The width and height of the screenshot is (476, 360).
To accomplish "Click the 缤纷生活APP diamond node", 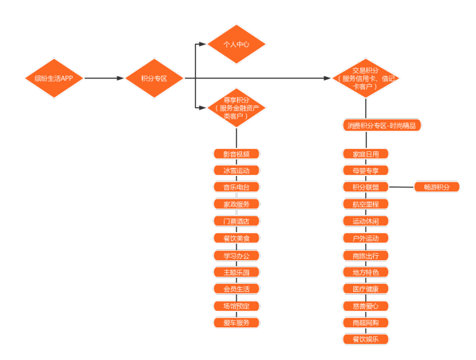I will [54, 78].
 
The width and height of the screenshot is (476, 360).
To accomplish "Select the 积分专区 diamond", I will [154, 78].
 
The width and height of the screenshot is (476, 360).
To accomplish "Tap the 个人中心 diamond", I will [236, 44].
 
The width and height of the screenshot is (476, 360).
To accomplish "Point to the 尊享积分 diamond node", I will [236, 107].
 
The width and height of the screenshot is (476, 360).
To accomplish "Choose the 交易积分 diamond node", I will [365, 78].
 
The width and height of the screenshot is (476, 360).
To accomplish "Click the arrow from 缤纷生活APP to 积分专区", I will [104, 78].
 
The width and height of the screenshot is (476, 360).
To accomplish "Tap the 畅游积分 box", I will [437, 187].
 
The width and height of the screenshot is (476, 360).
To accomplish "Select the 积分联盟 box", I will [366, 187].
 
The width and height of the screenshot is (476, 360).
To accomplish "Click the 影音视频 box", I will [236, 154].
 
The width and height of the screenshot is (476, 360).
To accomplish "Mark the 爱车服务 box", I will [236, 323].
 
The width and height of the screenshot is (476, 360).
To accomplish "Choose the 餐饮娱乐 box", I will [366, 339].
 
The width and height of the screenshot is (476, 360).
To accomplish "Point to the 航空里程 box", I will [366, 204].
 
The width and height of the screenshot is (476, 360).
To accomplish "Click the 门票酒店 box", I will [236, 221].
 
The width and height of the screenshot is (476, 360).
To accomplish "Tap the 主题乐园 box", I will [236, 272].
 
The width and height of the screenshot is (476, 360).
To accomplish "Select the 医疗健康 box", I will [366, 289].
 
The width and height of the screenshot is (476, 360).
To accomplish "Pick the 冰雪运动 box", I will [236, 170].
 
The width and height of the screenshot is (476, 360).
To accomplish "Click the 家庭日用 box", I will [366, 154].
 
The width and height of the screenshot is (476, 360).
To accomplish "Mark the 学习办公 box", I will [236, 255].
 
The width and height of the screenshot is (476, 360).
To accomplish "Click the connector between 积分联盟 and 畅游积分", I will [401, 187].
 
